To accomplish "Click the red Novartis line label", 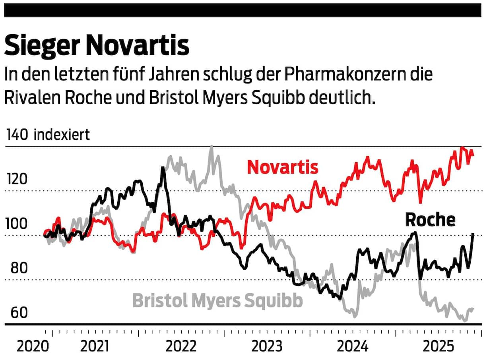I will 283,167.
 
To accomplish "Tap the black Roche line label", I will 430,219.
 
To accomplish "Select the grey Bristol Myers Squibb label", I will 217,300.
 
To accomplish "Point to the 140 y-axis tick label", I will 16,135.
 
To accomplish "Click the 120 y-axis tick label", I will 16,180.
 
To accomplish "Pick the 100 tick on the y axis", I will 16,224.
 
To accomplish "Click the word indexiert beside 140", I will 62,135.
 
